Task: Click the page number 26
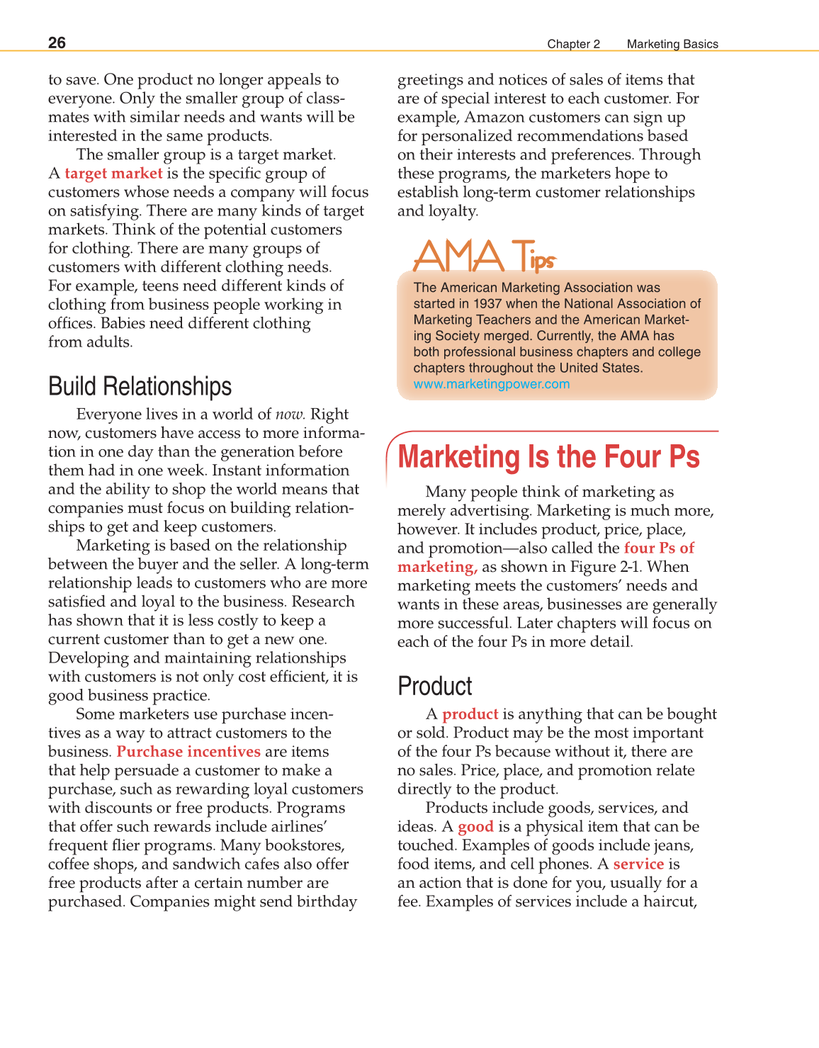(x=57, y=43)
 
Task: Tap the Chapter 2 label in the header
(x=573, y=44)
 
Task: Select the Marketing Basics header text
(x=672, y=44)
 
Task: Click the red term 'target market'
(x=113, y=174)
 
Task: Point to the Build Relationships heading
(x=140, y=387)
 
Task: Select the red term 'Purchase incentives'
(x=188, y=752)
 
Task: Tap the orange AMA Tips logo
(x=485, y=256)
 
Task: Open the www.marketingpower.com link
(x=492, y=384)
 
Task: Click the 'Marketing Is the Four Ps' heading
(x=548, y=457)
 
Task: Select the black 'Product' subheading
(x=434, y=687)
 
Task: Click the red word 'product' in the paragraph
(x=470, y=714)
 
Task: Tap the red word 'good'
(x=475, y=827)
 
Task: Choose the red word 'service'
(x=638, y=864)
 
